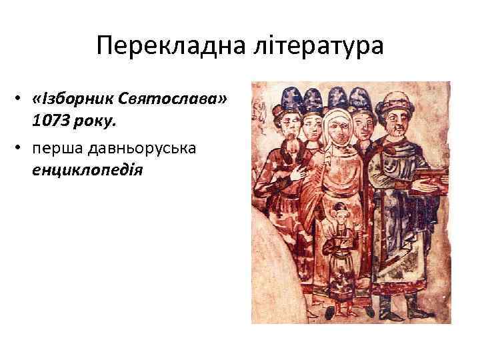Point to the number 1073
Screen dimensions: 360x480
[52, 122]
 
